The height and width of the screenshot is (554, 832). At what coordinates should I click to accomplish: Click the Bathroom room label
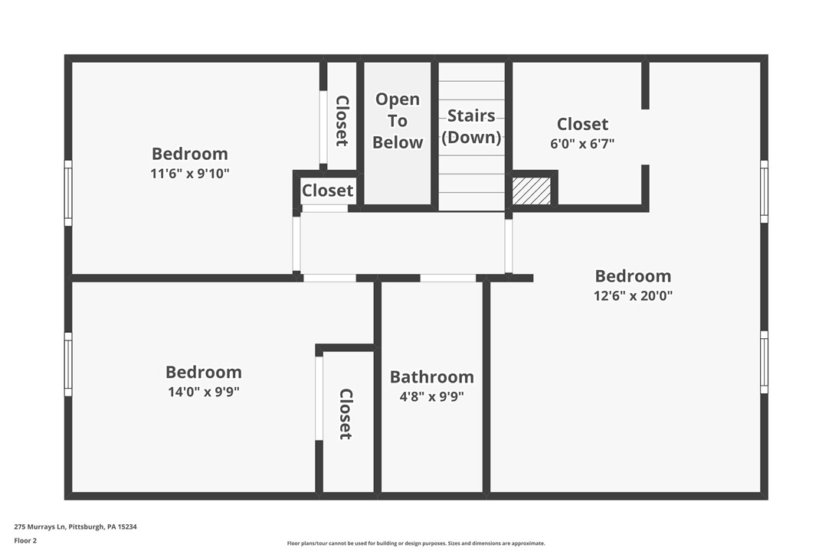point(431,376)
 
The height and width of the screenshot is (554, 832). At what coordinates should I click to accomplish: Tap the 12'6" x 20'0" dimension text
point(632,296)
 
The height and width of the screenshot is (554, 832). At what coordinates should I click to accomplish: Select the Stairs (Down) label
point(470,126)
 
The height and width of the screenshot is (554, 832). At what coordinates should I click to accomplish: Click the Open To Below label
point(397,121)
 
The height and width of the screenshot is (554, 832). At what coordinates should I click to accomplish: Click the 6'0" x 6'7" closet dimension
point(582,143)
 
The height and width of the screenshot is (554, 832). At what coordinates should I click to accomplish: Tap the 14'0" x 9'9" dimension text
point(203,392)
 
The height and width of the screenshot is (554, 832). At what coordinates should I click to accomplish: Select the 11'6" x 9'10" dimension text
point(189,174)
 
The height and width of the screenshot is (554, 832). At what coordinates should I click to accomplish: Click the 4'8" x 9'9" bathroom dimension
point(431,396)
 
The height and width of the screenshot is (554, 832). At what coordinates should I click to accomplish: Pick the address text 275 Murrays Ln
point(75,526)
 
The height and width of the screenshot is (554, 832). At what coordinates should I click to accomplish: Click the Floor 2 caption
point(25,540)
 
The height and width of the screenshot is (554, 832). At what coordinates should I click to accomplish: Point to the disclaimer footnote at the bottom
point(416,543)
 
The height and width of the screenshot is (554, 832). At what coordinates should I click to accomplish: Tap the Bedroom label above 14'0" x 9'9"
point(203,372)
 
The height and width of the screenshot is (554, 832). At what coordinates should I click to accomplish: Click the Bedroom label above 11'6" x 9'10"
point(189,154)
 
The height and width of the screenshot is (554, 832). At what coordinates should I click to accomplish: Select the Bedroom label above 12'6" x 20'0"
point(632,276)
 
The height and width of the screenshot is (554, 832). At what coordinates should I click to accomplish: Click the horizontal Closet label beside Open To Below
point(327,191)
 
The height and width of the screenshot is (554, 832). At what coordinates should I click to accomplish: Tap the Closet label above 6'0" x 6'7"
point(582,124)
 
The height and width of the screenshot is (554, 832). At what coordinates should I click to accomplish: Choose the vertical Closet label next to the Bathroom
point(346,414)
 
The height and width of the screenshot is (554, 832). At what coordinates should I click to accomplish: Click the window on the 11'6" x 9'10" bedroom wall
point(68,193)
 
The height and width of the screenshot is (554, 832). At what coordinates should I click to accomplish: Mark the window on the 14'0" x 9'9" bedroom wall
point(68,364)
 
